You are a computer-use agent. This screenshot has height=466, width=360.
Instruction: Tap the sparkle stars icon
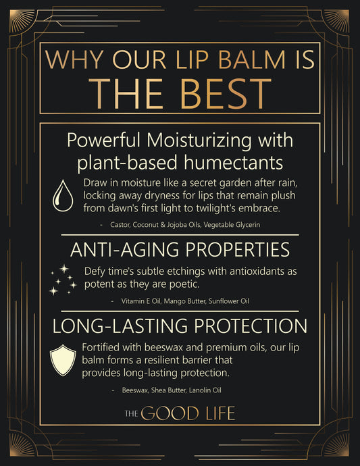62,280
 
